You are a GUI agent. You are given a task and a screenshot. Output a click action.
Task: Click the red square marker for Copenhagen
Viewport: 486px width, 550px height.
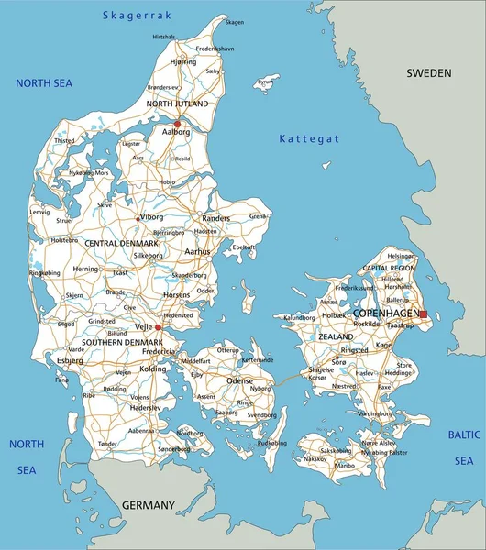pyautogui.click(x=423, y=313)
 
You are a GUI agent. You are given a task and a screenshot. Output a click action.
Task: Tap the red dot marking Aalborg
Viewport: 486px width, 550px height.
pyautogui.click(x=178, y=124)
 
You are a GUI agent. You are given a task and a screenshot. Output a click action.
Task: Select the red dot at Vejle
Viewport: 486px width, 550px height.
pyautogui.click(x=158, y=327)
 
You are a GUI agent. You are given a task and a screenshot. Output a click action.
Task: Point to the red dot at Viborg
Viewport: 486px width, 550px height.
pyautogui.click(x=138, y=219)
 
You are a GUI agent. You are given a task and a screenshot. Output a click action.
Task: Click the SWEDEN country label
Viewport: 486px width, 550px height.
pyautogui.click(x=429, y=72)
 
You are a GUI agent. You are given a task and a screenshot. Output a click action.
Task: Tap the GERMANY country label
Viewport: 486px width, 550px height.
pyautogui.click(x=148, y=505)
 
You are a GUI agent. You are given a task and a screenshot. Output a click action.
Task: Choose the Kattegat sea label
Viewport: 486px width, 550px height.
pyautogui.click(x=309, y=138)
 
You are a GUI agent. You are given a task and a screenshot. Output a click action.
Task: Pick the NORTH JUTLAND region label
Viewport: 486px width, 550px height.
pyautogui.click(x=178, y=104)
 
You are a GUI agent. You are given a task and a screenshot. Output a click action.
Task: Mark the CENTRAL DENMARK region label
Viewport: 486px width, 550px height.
pyautogui.click(x=121, y=243)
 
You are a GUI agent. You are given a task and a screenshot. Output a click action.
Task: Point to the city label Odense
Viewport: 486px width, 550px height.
pyautogui.click(x=239, y=379)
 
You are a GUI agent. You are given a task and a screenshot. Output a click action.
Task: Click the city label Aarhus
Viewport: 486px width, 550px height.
pyautogui.click(x=196, y=251)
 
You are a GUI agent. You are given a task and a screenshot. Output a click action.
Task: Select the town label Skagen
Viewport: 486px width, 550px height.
pyautogui.click(x=235, y=22)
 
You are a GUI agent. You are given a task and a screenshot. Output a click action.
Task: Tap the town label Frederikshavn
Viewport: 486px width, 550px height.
pyautogui.click(x=215, y=48)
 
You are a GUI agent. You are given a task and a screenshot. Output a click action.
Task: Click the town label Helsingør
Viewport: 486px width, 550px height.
pyautogui.click(x=401, y=256)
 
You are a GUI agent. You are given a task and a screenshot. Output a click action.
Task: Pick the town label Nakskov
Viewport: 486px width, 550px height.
pyautogui.click(x=315, y=457)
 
